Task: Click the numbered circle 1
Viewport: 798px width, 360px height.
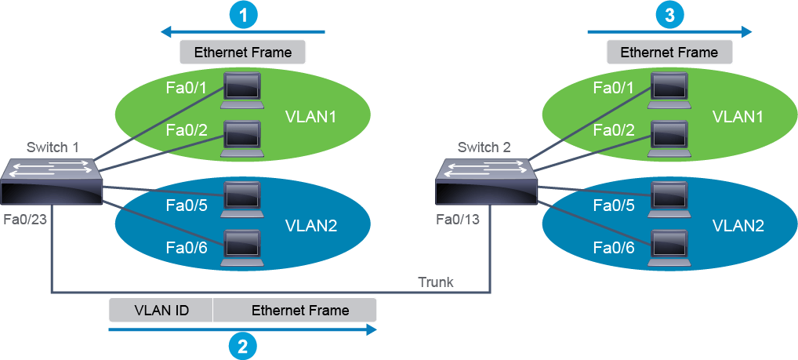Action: pos(244,15)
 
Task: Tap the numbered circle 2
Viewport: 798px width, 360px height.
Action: pos(242,346)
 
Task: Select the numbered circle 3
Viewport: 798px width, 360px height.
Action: pos(670,15)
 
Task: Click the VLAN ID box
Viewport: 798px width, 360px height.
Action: pos(161,311)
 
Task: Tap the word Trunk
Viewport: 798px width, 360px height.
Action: pos(436,282)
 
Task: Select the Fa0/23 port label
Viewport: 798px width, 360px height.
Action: pos(26,220)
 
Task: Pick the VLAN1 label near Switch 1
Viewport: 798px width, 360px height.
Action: pos(311,117)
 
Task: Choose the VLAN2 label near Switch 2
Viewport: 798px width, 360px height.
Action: pos(738,225)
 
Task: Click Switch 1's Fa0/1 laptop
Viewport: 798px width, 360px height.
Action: pos(242,90)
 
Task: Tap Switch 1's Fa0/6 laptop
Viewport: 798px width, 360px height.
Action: pos(242,248)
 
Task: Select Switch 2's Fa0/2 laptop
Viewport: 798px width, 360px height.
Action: pos(669,139)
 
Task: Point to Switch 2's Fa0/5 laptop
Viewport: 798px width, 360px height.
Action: pos(669,199)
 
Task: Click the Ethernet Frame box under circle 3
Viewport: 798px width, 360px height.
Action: pos(669,53)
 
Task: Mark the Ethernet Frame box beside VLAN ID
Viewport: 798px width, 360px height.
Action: pos(295,311)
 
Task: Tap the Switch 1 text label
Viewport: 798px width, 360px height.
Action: pos(53,147)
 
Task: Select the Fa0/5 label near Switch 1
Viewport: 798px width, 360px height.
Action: pos(187,205)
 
